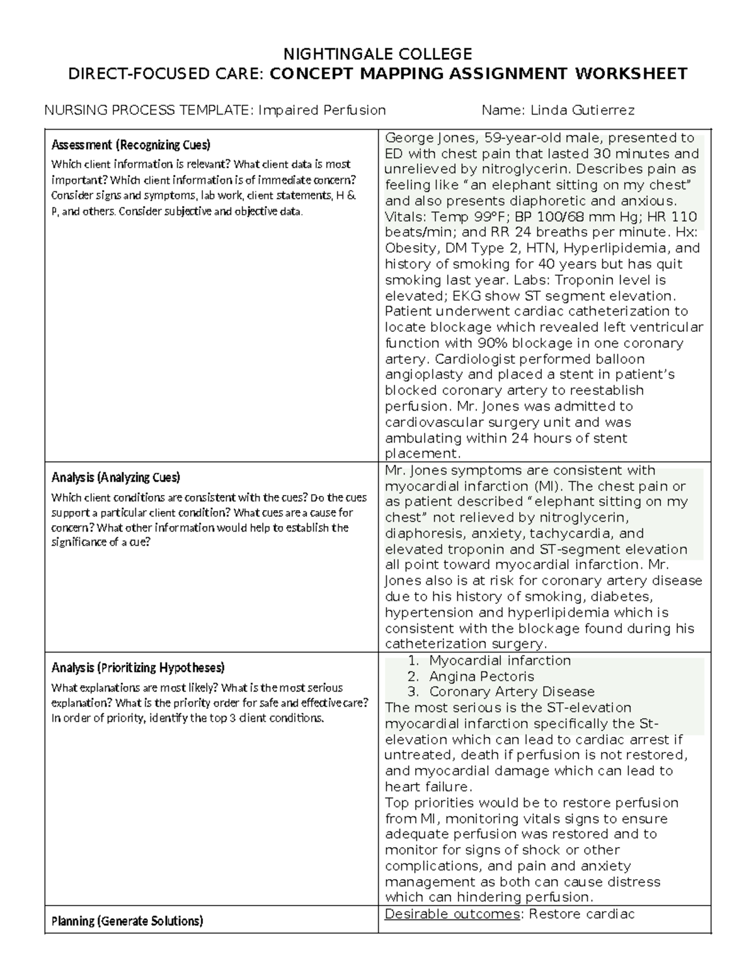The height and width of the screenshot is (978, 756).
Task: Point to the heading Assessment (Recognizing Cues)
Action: pyautogui.click(x=130, y=145)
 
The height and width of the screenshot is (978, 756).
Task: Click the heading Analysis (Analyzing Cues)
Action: pyautogui.click(x=115, y=477)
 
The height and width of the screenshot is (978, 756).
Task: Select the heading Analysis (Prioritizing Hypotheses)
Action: pyautogui.click(x=137, y=668)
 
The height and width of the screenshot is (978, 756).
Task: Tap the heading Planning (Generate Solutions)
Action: pyautogui.click(x=127, y=921)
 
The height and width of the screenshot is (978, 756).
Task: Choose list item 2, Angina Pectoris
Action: pyautogui.click(x=481, y=676)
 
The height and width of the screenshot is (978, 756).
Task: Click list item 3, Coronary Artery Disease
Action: pyautogui.click(x=512, y=692)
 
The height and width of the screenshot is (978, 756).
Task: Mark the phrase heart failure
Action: pyautogui.click(x=427, y=787)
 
